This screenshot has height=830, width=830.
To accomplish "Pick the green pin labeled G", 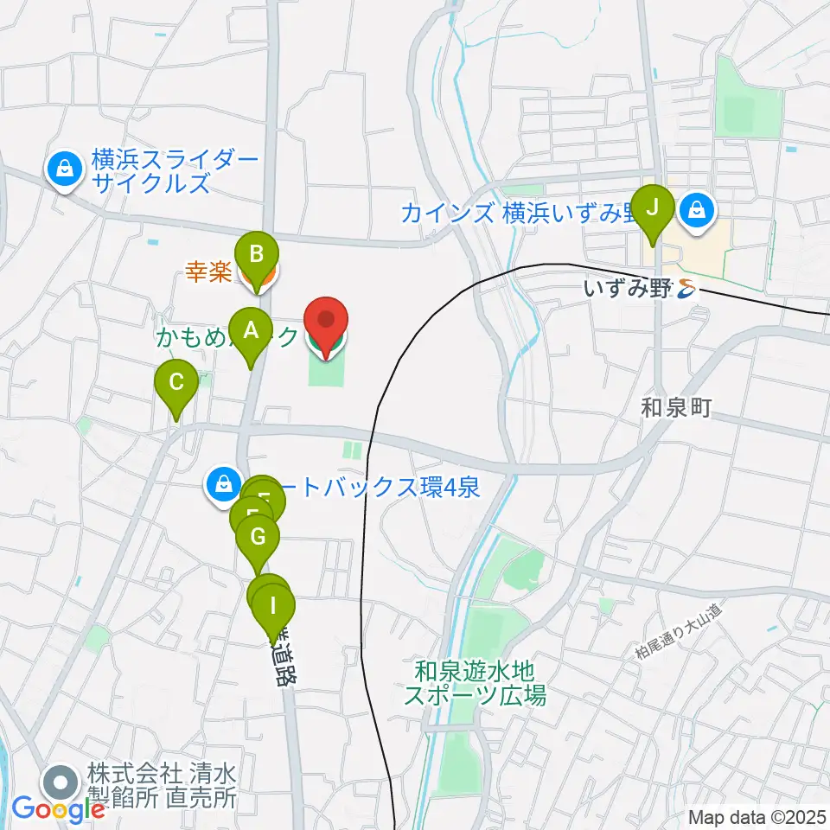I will (258, 538).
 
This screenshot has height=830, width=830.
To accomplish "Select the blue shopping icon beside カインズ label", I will (697, 210).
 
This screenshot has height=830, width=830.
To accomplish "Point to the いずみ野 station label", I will (627, 290).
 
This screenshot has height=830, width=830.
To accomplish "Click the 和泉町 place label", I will (676, 408).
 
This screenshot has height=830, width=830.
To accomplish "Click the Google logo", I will (58, 809).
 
